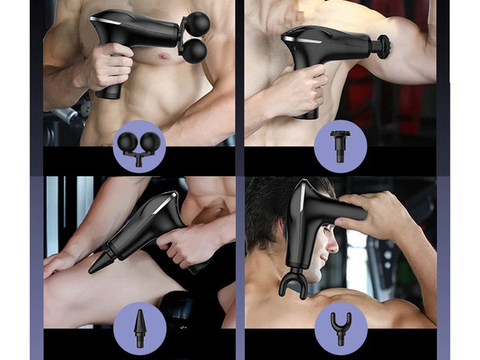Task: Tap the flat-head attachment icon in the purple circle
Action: coord(340,145)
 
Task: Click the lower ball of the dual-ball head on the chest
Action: coord(194,51)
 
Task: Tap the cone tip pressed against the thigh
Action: coord(102,261)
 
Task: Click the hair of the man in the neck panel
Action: coord(268,200)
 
